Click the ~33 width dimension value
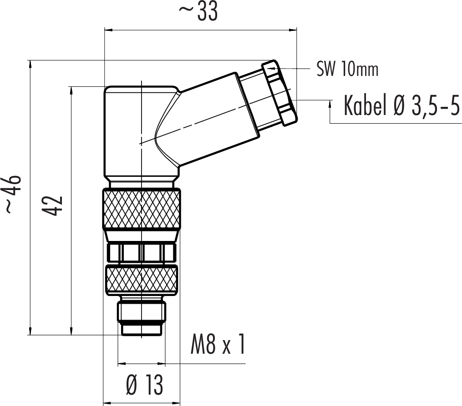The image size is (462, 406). click(198, 12)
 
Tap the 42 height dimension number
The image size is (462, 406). click(53, 206)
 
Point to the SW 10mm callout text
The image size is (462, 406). click(347, 69)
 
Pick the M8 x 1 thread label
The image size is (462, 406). click(218, 344)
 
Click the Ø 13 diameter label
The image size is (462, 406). click(144, 385)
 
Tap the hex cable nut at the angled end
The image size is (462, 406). click(279, 93)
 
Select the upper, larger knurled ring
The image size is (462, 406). click(142, 209)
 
